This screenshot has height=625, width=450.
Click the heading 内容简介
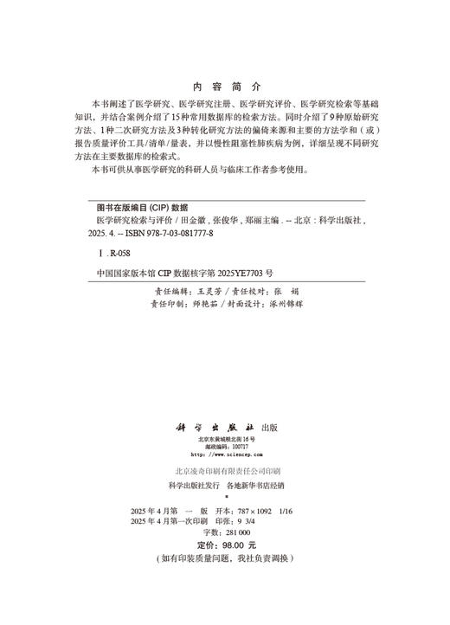tap(225, 87)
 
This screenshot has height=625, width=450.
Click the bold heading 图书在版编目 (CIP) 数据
tap(138, 209)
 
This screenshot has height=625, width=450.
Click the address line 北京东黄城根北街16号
tap(225, 440)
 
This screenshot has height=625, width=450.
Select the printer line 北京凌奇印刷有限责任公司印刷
tap(225, 470)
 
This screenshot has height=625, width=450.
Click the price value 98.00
tap(229, 545)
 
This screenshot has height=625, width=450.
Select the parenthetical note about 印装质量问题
tap(225, 559)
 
